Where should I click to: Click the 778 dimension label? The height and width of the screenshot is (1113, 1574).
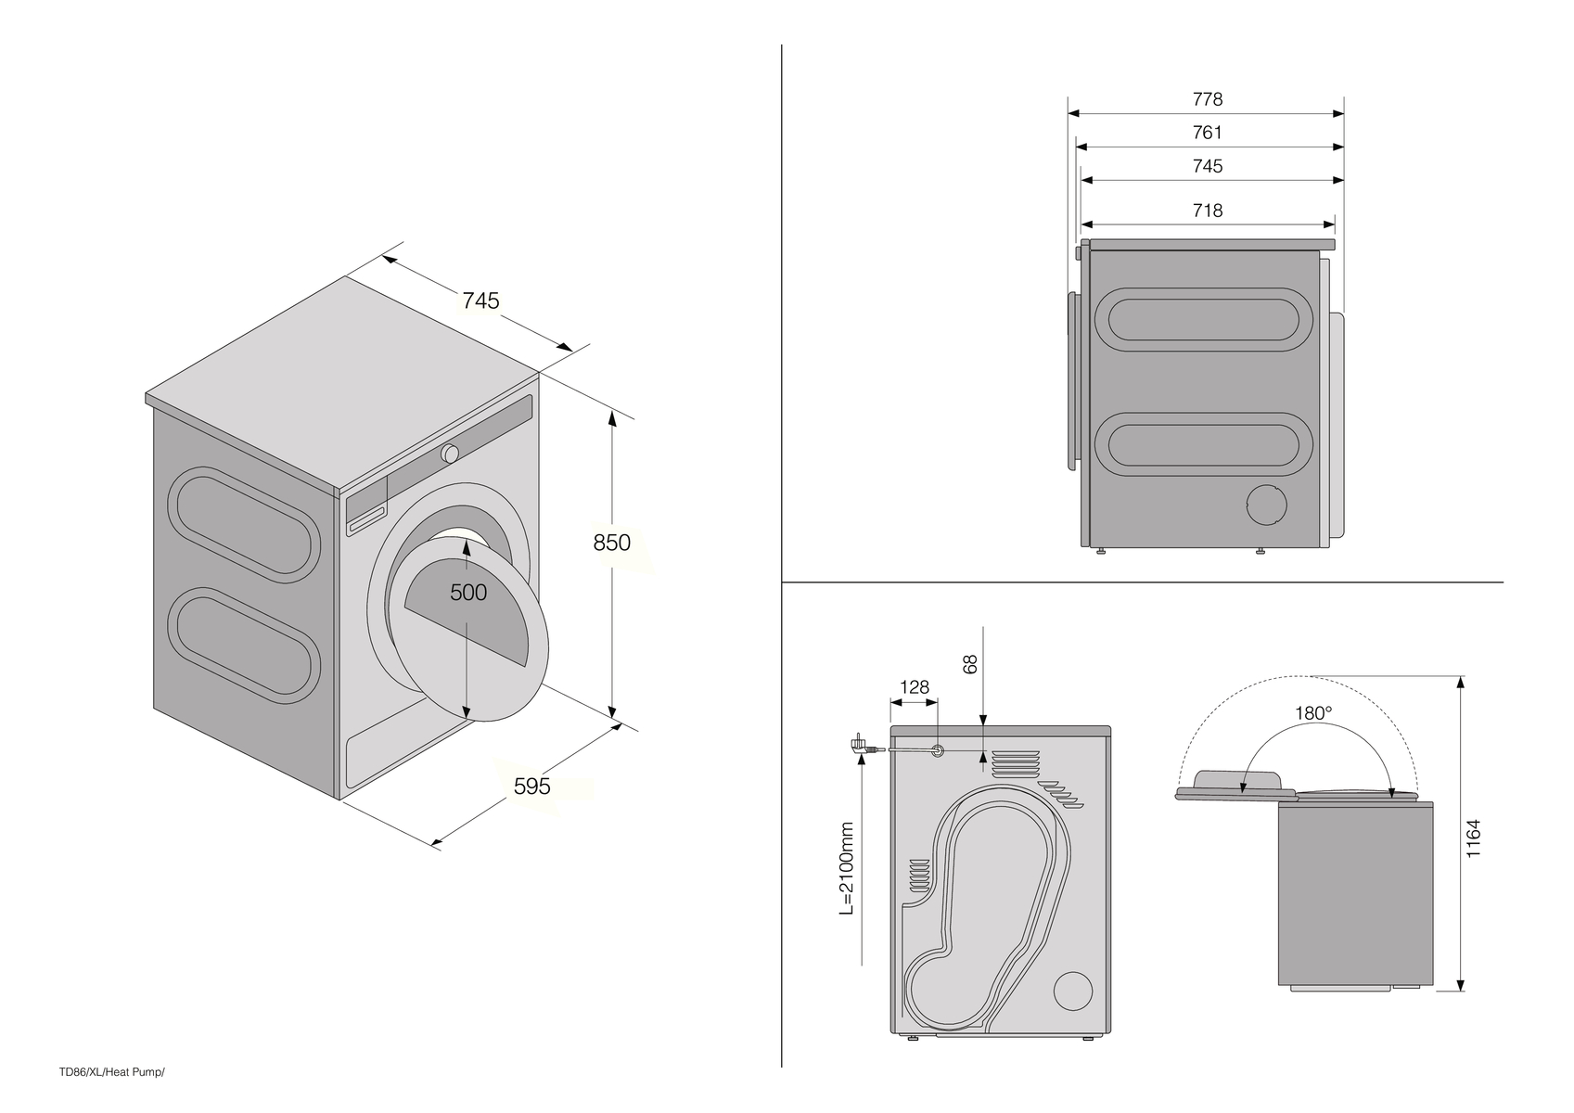1207,99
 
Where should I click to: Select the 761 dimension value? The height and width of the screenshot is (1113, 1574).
1207,133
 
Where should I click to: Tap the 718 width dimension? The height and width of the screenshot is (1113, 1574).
1207,211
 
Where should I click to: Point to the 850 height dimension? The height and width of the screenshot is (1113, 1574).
612,543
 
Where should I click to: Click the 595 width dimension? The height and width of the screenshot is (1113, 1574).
532,787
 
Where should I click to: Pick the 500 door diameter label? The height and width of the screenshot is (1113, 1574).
467,592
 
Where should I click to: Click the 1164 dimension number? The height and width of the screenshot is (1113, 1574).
1473,838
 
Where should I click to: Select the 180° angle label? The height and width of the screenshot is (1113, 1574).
1313,713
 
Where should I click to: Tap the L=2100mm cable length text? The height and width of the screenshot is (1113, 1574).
846,869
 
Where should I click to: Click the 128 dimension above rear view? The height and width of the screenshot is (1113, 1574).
915,687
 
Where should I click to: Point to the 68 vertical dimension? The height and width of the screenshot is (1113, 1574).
971,664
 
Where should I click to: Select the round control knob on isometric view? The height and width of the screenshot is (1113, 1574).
450,454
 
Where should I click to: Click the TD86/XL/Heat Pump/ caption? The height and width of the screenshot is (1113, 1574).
111,1072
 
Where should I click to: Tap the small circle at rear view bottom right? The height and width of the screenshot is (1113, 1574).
1073,991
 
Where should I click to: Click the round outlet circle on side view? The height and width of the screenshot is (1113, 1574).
1266,506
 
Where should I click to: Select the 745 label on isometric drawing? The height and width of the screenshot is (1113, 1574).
480,301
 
